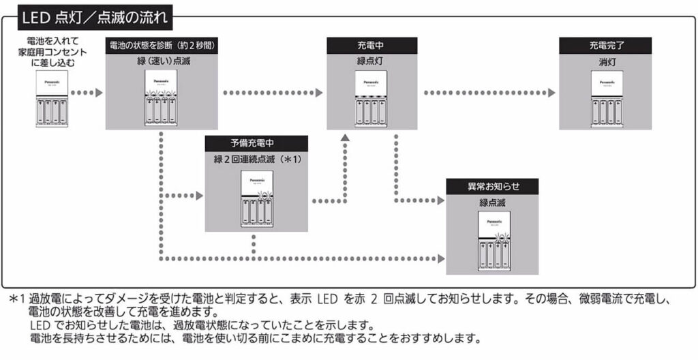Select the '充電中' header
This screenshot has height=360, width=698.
(371, 46)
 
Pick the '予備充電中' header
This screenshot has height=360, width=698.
(256, 144)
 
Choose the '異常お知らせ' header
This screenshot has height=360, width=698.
(492, 187)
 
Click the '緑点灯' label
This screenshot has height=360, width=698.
(371, 61)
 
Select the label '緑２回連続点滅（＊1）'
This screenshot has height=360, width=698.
(256, 159)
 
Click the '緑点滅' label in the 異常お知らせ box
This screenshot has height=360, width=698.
(491, 202)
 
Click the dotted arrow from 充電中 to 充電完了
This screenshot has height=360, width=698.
(487, 91)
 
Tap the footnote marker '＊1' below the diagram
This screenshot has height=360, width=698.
(17, 299)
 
